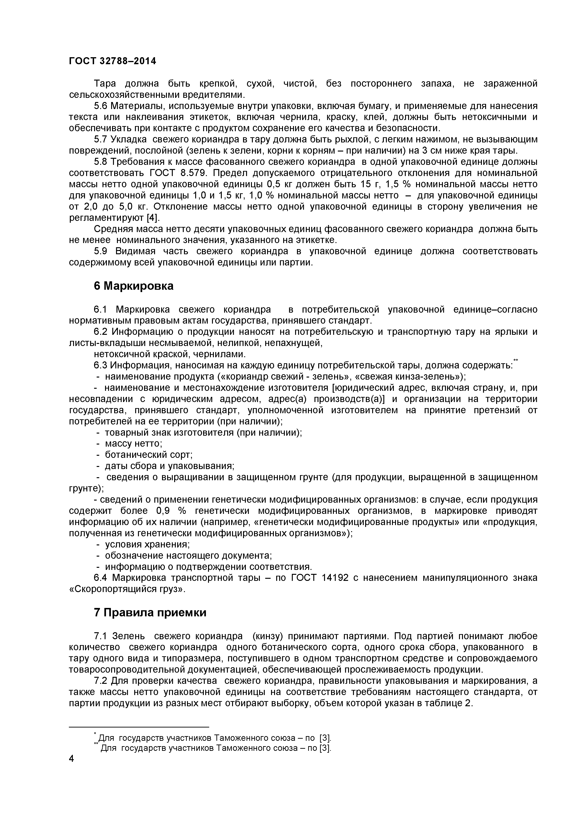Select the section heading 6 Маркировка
coord(134,286)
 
